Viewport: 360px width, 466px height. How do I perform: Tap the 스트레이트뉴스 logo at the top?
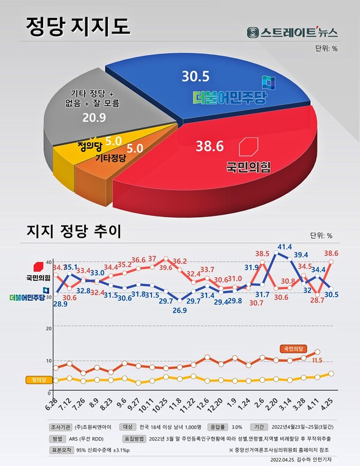(292, 32)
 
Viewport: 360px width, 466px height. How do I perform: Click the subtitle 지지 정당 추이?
(74, 232)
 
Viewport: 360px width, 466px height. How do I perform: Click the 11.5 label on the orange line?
(317, 360)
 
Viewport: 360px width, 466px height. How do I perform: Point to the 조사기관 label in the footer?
(62, 428)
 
